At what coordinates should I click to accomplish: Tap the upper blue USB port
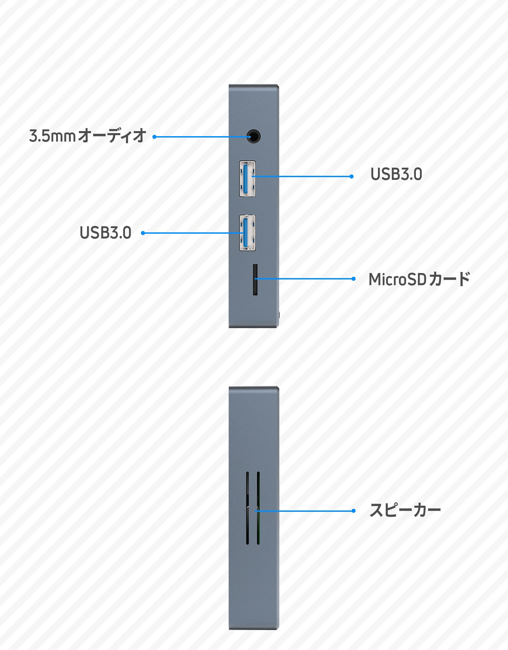[x=247, y=179]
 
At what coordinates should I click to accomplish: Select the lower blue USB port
[x=247, y=233]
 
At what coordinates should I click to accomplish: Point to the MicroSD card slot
[x=255, y=280]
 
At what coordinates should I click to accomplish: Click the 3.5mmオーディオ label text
[x=87, y=136]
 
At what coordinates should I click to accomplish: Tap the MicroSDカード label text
[x=419, y=279]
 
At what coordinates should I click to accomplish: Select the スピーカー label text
[x=405, y=510]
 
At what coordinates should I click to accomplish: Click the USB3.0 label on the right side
[x=396, y=174]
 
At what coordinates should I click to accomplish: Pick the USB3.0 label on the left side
[x=105, y=233]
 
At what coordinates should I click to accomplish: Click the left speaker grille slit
[x=248, y=508]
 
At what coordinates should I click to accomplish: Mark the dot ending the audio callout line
[x=154, y=137]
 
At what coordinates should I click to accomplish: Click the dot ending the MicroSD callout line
[x=354, y=279]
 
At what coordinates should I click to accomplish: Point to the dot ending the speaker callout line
[x=354, y=510]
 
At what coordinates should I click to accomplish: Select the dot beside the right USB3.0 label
[x=352, y=176]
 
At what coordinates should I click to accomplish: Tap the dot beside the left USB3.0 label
[x=143, y=233]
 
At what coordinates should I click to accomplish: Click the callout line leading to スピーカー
[x=305, y=510]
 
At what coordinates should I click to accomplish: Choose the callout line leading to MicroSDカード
[x=305, y=279]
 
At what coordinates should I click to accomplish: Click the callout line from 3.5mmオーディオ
[x=200, y=137]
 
